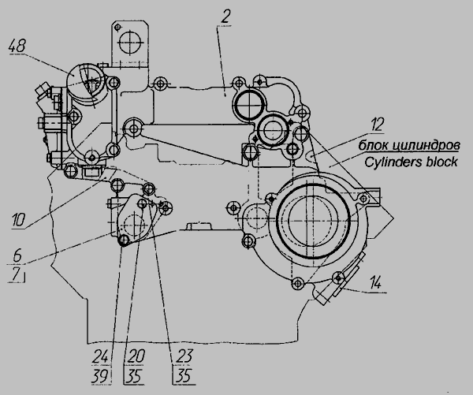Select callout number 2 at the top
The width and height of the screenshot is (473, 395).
pos(225,17)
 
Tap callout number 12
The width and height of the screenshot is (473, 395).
pos(377,125)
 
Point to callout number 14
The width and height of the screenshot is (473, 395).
pos(375,284)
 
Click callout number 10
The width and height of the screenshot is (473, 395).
pos(18,220)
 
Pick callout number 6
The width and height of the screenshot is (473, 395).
pos(17,255)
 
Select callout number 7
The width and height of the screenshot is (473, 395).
pos(17,274)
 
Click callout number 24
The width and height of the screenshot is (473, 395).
pos(100,356)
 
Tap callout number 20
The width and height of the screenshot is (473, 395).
pos(136,356)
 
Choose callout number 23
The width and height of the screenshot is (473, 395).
pos(184,356)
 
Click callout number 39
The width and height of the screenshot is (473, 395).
pos(100,376)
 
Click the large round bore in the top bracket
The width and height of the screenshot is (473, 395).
pos(130,43)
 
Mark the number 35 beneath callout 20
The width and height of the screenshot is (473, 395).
pos(134,376)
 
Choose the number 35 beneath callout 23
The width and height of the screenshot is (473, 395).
pos(184,376)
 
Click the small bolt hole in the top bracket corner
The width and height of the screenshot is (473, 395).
pos(117,27)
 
